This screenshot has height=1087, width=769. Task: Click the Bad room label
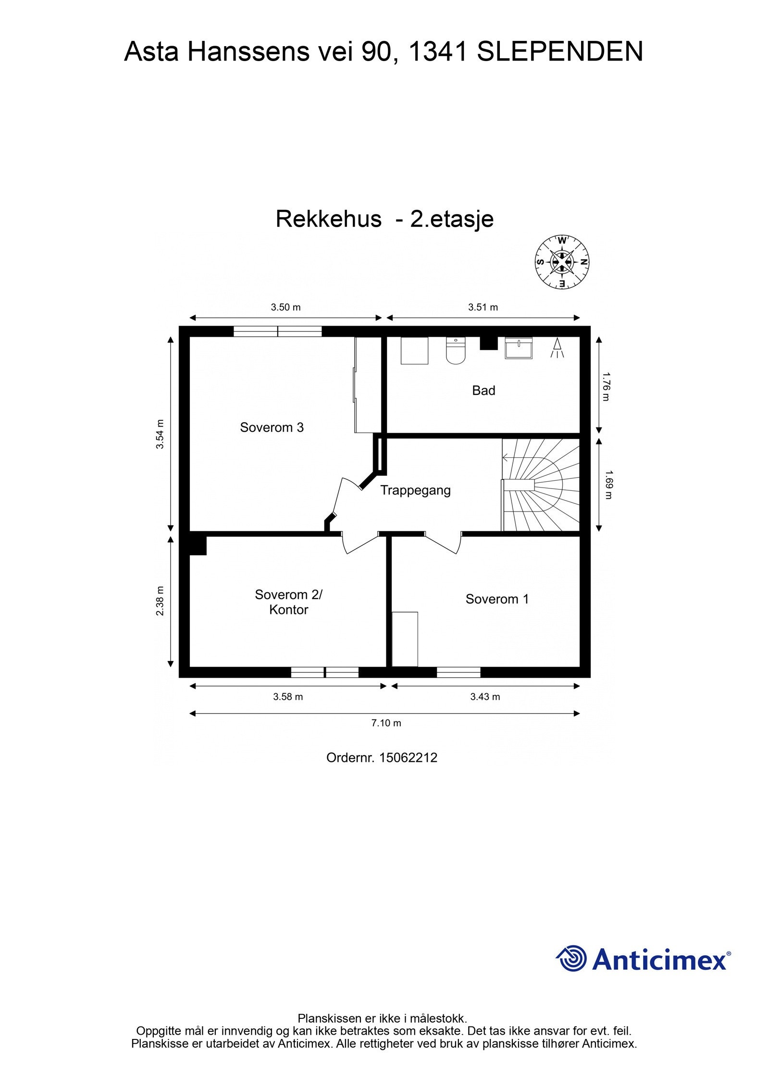click(483, 391)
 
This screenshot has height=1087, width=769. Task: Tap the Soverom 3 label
click(272, 427)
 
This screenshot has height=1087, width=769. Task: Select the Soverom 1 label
click(497, 599)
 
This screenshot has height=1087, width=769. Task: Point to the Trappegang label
click(415, 490)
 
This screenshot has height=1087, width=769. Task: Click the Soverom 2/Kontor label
click(288, 602)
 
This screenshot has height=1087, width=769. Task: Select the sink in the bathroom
click(519, 348)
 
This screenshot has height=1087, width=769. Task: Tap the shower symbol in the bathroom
click(557, 348)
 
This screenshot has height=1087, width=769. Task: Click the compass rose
click(562, 262)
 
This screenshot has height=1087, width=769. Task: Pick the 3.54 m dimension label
click(160, 434)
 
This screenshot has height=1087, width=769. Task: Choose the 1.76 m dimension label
click(606, 387)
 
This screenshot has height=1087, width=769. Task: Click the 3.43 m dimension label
click(485, 697)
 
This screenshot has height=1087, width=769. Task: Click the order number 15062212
click(408, 758)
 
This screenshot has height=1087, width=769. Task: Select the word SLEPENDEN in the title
click(559, 52)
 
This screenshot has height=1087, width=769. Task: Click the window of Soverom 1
click(459, 672)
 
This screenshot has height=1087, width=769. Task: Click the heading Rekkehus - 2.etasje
click(384, 220)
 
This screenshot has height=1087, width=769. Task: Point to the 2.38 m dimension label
click(160, 601)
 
